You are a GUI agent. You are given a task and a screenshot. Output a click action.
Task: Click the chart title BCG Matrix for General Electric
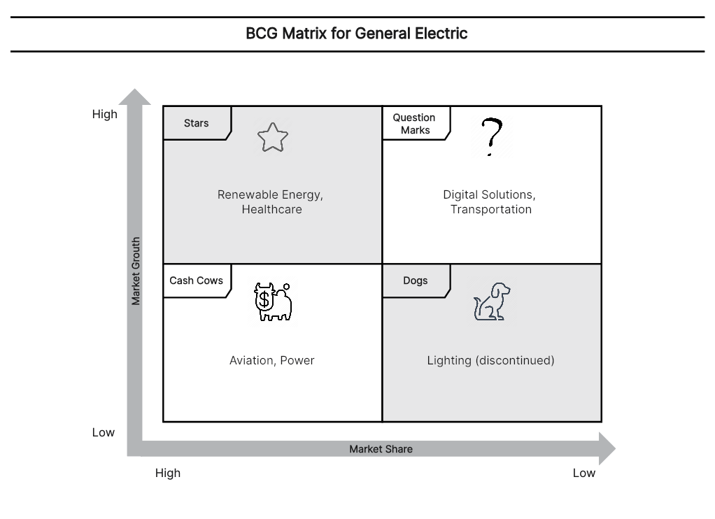[x=357, y=34]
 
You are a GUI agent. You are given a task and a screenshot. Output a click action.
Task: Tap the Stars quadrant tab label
[x=196, y=123]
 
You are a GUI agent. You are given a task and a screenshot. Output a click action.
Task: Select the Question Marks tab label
[x=414, y=124]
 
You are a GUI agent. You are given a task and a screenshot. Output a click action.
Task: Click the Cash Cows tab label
[x=196, y=280]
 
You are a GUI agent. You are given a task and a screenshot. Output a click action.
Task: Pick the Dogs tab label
[x=416, y=280]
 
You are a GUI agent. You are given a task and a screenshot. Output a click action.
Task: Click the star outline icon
[x=273, y=137]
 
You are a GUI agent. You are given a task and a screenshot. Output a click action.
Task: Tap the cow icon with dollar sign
[x=273, y=301]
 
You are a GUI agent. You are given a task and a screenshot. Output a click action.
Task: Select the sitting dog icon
[x=492, y=301]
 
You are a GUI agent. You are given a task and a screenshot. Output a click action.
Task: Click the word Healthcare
[x=271, y=209]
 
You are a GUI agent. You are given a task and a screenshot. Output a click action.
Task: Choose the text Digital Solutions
[x=489, y=194]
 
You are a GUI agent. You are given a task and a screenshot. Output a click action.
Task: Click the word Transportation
[x=491, y=209]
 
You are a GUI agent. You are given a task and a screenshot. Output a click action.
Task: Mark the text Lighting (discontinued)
[x=490, y=360]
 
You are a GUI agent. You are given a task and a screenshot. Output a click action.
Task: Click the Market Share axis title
[x=381, y=449]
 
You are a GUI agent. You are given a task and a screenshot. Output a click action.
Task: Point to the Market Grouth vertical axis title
[x=136, y=271]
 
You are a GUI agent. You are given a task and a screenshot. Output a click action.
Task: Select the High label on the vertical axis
[x=105, y=114]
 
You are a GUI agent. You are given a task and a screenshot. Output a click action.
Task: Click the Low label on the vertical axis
[x=104, y=432]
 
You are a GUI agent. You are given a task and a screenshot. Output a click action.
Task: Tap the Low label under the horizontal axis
[x=584, y=473]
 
